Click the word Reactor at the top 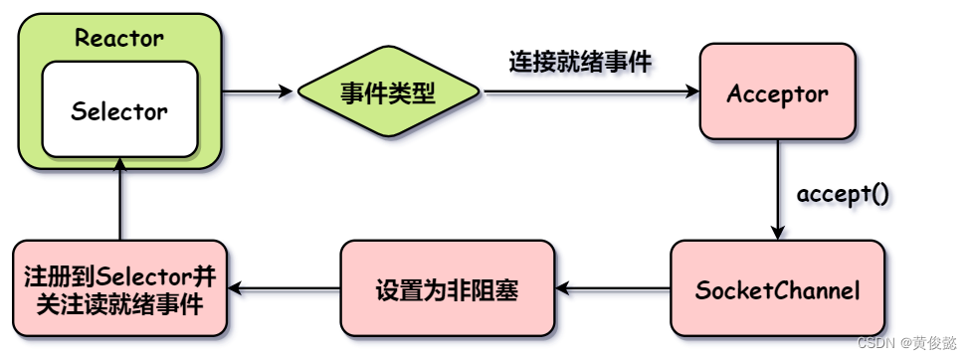tap(119, 40)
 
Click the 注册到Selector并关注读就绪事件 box tap(120, 289)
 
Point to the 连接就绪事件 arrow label tap(580, 62)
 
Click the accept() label tap(843, 192)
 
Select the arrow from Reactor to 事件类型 tap(259, 93)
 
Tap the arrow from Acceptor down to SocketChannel tap(778, 189)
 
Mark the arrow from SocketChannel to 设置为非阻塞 tap(612, 289)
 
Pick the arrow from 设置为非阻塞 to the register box tap(284, 289)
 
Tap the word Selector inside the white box tap(119, 110)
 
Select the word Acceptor tap(777, 93)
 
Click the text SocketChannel tap(777, 290)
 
